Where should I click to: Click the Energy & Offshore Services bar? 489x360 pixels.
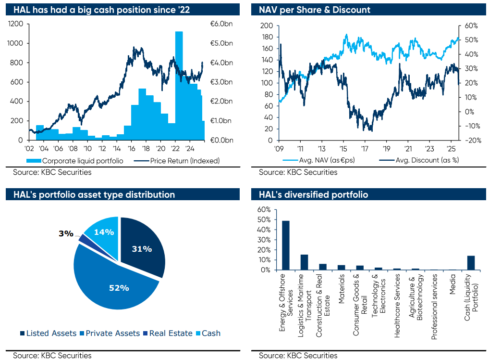pos(286,245)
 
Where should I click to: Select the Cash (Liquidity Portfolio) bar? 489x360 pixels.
pos(471,262)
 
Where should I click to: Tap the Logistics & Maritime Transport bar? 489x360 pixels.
pos(304,262)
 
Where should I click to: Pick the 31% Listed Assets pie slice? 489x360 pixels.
pos(142,248)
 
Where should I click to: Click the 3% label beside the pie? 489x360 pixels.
pos(66,233)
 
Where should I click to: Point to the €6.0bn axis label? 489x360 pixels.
pos(221,24)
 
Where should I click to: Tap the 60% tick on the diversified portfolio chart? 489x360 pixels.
pos(265,210)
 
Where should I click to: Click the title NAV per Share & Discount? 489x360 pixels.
pos(315,10)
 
